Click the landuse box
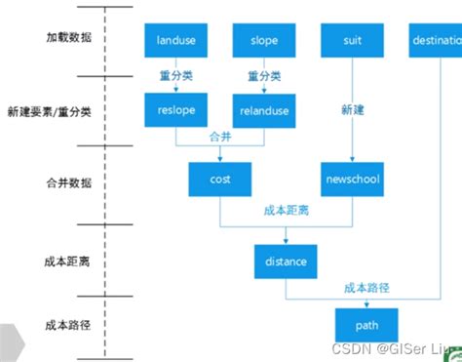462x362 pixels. click(x=175, y=41)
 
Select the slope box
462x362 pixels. click(x=263, y=41)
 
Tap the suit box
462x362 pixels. click(x=351, y=41)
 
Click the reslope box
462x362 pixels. click(x=175, y=110)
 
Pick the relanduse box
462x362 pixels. click(x=263, y=111)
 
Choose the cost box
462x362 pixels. click(x=220, y=180)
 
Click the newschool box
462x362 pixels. click(x=351, y=180)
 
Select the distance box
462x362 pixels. click(x=286, y=261)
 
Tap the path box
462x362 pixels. click(x=366, y=324)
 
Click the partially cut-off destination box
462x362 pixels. click(x=435, y=41)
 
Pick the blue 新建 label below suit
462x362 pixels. click(x=353, y=109)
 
